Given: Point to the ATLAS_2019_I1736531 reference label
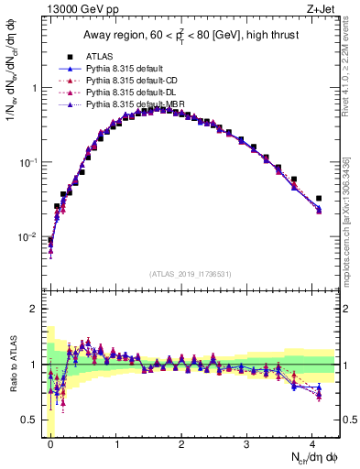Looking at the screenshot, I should [x=191, y=274].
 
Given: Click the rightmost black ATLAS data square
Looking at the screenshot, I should [x=319, y=198].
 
